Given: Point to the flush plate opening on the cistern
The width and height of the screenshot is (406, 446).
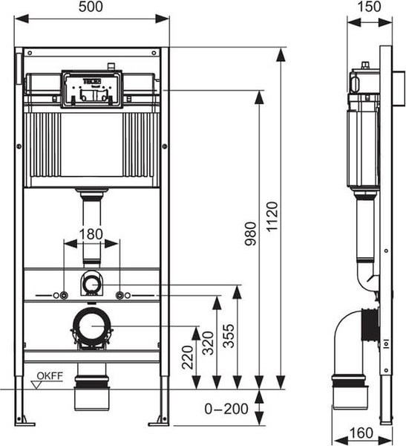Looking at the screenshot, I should (x=91, y=88).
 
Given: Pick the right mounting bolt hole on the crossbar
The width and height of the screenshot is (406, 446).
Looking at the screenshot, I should (x=119, y=296).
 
